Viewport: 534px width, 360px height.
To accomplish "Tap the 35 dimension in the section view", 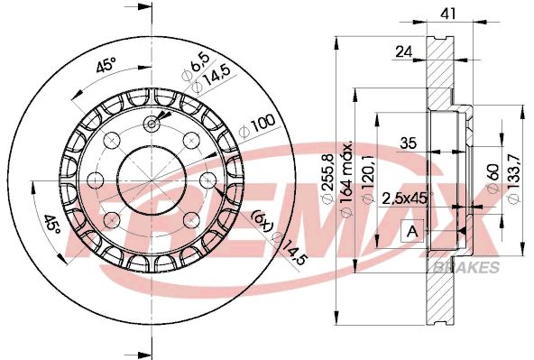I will click(x=409, y=142).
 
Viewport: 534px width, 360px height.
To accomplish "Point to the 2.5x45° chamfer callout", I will click(x=407, y=198).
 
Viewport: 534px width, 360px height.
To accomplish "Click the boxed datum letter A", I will click(x=412, y=232).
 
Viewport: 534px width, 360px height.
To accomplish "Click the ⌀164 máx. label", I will click(x=347, y=174).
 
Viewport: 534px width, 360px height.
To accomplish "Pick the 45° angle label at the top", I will click(x=105, y=67).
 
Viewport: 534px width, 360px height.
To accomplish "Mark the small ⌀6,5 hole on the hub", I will click(x=151, y=125).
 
